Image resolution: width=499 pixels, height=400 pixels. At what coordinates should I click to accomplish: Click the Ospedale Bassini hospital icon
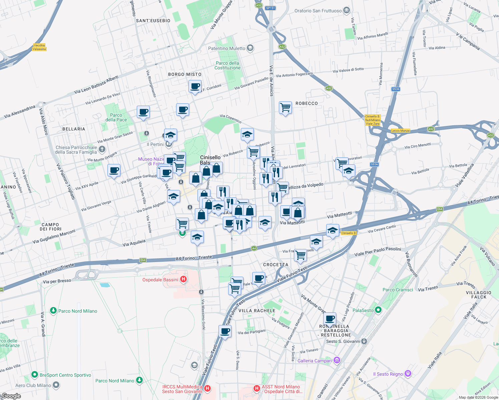(x=183, y=279)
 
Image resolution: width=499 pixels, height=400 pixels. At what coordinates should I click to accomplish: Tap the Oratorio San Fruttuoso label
(x=318, y=11)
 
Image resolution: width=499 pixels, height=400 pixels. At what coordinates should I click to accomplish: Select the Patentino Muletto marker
(x=250, y=48)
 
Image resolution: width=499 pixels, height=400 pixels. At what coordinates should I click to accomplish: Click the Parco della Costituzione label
(x=227, y=65)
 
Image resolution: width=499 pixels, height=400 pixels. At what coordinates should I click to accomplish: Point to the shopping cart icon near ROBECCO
(x=285, y=108)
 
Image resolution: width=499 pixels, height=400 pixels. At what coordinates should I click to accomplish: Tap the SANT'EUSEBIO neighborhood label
(x=153, y=21)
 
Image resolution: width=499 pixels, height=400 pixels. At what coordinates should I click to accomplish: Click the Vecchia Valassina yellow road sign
(x=39, y=47)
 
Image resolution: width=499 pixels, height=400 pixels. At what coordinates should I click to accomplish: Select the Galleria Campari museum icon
(x=337, y=360)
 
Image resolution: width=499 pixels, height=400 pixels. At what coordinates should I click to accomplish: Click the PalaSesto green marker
(x=378, y=310)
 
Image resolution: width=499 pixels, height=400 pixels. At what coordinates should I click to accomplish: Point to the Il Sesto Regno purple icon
(x=408, y=374)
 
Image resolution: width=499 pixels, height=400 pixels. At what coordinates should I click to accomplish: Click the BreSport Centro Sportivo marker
(x=34, y=375)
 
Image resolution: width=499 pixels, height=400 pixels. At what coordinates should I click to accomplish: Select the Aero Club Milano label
(x=33, y=385)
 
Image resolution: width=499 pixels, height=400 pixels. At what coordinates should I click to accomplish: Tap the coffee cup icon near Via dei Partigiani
(x=225, y=331)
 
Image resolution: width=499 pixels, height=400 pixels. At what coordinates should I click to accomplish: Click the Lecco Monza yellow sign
(x=400, y=131)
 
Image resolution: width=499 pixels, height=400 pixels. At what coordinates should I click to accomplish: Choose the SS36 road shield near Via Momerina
(x=396, y=89)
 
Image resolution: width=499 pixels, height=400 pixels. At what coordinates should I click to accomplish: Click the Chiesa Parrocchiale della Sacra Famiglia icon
(x=102, y=149)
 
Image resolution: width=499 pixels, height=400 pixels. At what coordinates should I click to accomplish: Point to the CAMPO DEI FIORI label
(x=50, y=227)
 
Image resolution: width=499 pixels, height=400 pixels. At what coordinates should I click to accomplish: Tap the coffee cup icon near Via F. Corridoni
(x=195, y=86)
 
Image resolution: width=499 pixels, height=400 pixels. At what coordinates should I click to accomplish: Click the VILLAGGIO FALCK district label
(x=479, y=295)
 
